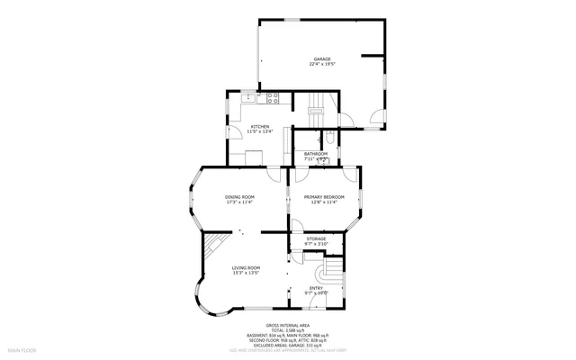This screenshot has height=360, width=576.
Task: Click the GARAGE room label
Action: coord(322,58)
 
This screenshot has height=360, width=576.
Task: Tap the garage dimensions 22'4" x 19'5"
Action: coord(322,64)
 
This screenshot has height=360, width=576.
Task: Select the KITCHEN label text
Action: coord(260,127)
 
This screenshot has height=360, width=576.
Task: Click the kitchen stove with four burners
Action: coord(274,97)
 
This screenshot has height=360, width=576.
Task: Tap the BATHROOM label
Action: coord(316,154)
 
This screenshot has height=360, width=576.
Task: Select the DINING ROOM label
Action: coord(239,197)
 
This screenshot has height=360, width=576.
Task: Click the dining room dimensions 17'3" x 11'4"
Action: coord(239,202)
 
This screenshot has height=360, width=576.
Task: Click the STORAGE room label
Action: coord(316,238)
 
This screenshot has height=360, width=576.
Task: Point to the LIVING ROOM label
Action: coord(246,267)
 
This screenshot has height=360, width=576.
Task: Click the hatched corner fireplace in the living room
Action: coord(211,245)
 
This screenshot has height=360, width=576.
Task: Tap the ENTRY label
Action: coord(316,288)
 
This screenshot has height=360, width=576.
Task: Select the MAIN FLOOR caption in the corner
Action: coord(22,347)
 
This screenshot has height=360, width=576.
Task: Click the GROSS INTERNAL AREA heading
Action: coord(287,324)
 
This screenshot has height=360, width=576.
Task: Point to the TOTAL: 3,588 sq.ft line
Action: coord(287,329)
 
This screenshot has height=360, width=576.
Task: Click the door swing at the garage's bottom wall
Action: coord(377,118)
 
